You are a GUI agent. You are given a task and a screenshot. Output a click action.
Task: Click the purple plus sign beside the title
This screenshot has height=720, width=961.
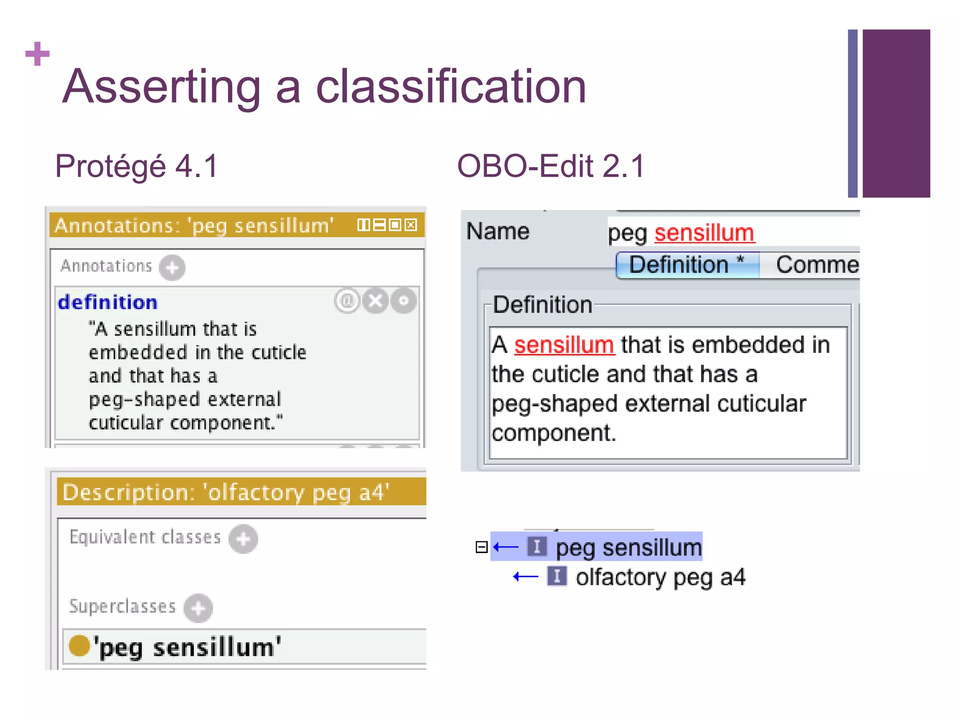tap(38, 54)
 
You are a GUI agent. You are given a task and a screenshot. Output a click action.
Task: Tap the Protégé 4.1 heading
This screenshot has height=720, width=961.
tap(137, 166)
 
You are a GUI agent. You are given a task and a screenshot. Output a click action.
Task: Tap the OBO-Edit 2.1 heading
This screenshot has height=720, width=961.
tap(551, 166)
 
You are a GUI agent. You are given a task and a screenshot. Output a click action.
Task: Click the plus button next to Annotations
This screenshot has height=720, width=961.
tap(172, 268)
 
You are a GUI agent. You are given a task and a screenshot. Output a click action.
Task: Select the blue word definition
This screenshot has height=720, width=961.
tap(107, 302)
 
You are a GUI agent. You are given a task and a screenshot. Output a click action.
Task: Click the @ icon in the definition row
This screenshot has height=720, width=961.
tap(347, 301)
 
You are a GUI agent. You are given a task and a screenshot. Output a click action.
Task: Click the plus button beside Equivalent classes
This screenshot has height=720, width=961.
tap(243, 539)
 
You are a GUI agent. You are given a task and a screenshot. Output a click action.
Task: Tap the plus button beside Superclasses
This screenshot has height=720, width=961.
tap(198, 608)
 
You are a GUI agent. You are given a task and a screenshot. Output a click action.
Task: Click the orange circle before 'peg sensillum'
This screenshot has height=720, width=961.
tap(79, 645)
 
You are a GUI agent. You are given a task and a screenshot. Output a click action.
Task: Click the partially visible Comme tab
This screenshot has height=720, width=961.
tap(816, 265)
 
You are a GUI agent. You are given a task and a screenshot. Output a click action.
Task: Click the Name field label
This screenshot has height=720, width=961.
tap(497, 231)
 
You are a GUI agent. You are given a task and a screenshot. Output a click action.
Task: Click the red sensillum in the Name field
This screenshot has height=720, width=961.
tap(704, 233)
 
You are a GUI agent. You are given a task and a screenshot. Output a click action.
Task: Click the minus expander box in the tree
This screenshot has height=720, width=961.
tap(481, 547)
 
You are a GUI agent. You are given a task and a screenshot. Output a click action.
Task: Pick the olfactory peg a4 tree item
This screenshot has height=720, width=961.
tap(660, 577)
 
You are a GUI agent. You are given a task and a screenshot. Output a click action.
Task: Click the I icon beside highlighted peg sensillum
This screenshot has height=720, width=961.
tap(537, 547)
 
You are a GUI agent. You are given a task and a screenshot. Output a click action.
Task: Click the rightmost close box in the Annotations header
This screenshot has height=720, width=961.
tap(411, 225)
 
